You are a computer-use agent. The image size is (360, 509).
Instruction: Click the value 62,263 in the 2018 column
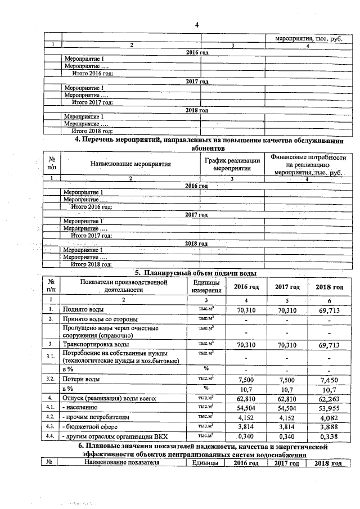tap(329, 398)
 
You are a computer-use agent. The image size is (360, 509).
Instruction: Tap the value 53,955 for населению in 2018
tap(329, 408)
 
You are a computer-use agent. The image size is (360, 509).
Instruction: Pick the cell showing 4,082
tap(329, 417)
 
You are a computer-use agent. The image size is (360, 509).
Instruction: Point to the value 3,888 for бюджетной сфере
tap(329, 427)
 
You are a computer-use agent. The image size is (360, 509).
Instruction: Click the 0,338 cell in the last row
tap(329, 436)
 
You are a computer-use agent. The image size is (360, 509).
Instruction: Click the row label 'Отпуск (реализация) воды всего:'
tap(109, 398)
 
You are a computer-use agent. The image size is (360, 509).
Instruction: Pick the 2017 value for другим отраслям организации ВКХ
tap(286, 436)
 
